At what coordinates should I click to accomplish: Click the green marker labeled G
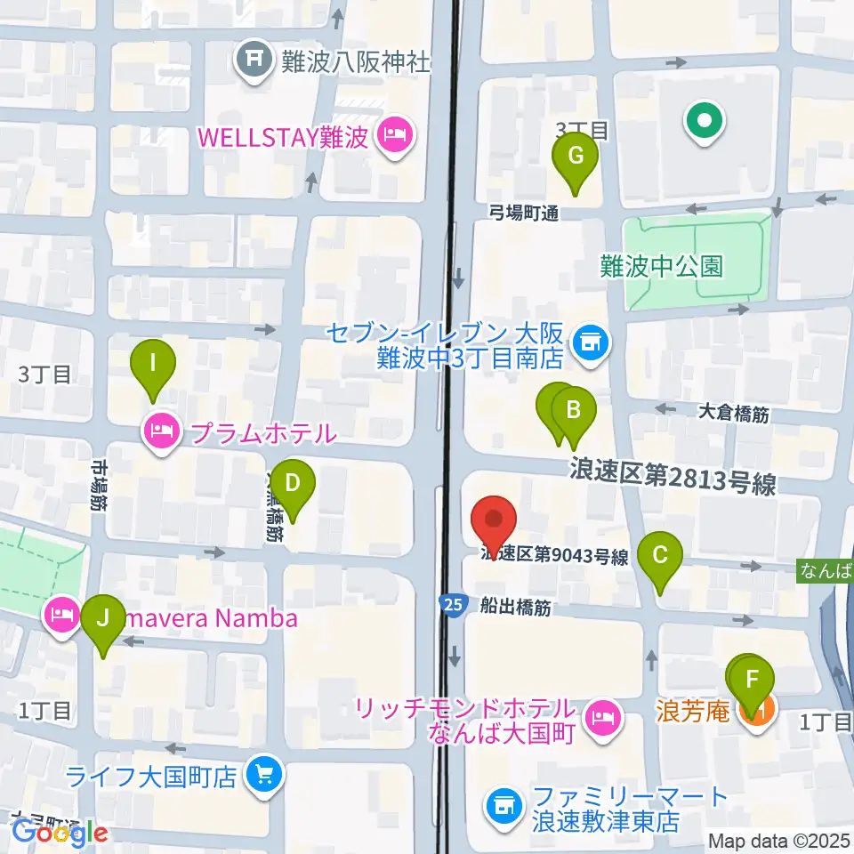tap(576, 157)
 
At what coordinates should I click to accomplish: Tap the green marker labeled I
tap(153, 364)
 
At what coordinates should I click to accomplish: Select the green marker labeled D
tap(294, 485)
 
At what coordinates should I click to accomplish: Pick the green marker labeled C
tap(660, 557)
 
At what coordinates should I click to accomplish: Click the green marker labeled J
tap(103, 618)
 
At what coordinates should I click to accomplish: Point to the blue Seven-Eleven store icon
tap(589, 340)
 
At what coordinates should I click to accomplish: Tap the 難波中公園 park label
tap(662, 266)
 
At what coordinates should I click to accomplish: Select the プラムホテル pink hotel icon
tap(161, 433)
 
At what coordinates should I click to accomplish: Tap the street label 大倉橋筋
tap(733, 413)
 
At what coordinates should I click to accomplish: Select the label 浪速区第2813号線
tap(673, 482)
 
